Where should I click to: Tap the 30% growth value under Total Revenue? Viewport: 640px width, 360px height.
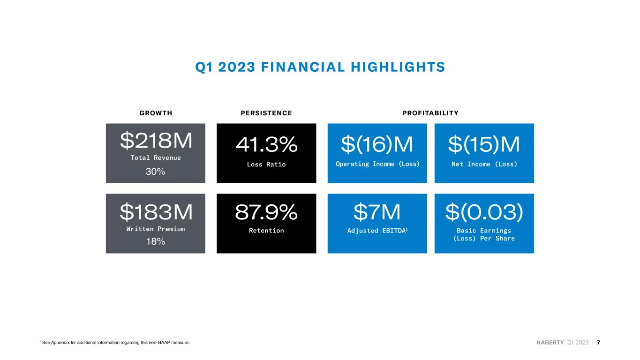[x=155, y=172]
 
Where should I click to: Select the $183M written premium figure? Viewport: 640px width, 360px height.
[x=156, y=212]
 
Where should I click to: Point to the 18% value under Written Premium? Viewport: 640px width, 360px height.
[x=155, y=242]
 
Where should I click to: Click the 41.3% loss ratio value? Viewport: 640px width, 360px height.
[x=266, y=145]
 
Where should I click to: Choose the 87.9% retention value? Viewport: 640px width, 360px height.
[x=266, y=212]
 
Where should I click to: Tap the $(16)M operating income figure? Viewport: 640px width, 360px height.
[x=377, y=145]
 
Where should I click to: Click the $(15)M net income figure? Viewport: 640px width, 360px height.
[x=484, y=145]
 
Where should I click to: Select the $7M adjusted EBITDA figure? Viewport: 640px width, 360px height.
[x=377, y=212]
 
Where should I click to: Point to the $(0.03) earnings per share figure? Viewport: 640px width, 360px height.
[x=484, y=212]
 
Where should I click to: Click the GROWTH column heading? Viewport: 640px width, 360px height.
[x=156, y=113]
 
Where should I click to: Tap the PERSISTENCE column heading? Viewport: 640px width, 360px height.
[x=266, y=113]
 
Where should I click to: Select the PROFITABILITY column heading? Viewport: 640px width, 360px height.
[x=430, y=113]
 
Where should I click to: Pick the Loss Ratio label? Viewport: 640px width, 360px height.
[x=266, y=165]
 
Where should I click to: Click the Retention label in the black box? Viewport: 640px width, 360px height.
[x=266, y=231]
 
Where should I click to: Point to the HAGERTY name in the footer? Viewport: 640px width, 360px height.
[x=550, y=343]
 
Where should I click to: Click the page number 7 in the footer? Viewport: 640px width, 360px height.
[x=598, y=343]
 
